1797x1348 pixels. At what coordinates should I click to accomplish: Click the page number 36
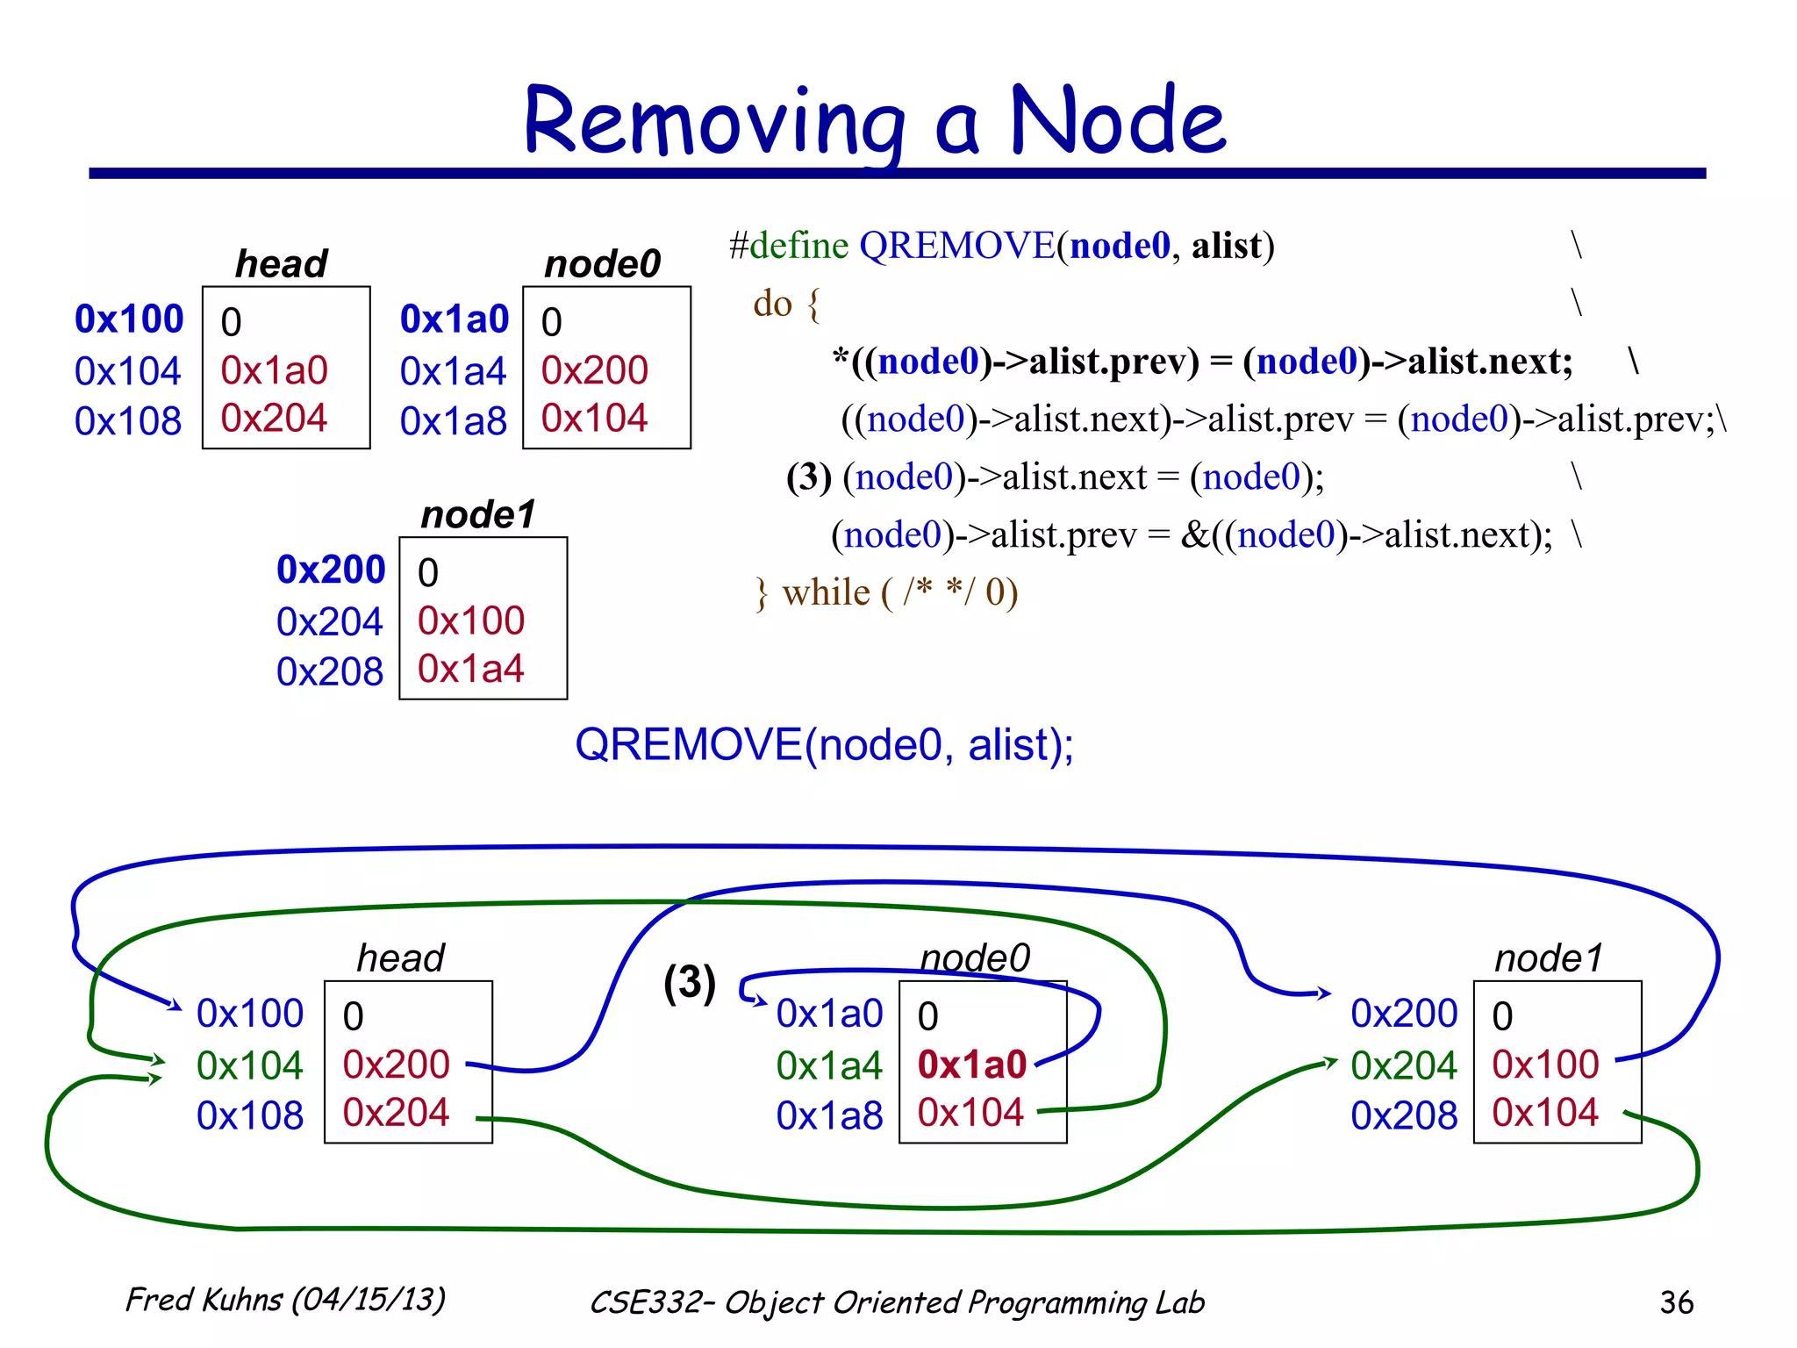(x=1676, y=1302)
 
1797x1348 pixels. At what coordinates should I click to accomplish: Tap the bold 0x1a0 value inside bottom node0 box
(x=971, y=1065)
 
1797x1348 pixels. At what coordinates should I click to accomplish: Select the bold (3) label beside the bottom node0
(x=690, y=983)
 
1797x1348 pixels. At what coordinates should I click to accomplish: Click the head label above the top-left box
(x=281, y=263)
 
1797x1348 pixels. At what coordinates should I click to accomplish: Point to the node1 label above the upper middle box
(x=477, y=514)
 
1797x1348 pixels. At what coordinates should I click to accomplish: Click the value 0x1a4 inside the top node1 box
(x=470, y=669)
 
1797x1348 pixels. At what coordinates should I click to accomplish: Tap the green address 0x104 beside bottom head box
(x=249, y=1065)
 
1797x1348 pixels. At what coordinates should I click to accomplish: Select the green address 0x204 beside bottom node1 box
(x=1403, y=1065)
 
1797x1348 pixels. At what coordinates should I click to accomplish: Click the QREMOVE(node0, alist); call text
(x=824, y=745)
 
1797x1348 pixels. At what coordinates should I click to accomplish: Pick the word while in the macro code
(x=826, y=592)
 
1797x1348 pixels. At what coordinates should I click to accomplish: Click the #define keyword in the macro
(x=788, y=246)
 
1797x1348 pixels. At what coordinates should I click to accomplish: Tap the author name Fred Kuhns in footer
(x=204, y=1300)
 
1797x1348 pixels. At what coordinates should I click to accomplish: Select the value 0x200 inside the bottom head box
(x=396, y=1065)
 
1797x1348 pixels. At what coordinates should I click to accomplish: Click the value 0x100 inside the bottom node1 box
(x=1545, y=1065)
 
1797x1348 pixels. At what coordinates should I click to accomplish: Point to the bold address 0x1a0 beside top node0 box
(x=454, y=319)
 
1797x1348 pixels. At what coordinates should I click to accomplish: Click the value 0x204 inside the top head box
(x=274, y=418)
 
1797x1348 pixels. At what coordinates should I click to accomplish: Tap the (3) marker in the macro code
(x=808, y=477)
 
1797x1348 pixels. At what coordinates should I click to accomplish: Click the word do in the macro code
(x=772, y=304)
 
